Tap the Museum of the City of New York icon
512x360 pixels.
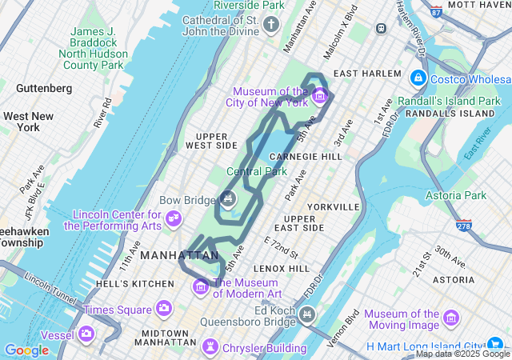point(320,97)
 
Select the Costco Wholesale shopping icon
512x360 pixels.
point(418,78)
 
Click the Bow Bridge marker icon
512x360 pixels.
point(228,198)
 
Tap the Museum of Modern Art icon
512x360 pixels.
point(201,286)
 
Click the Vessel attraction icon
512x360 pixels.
point(86,334)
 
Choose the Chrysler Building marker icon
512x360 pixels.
point(210,347)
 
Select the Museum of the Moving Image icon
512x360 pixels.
point(450,319)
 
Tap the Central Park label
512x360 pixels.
point(257,171)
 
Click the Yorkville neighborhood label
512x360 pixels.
point(333,206)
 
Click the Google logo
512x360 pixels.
point(26,350)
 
